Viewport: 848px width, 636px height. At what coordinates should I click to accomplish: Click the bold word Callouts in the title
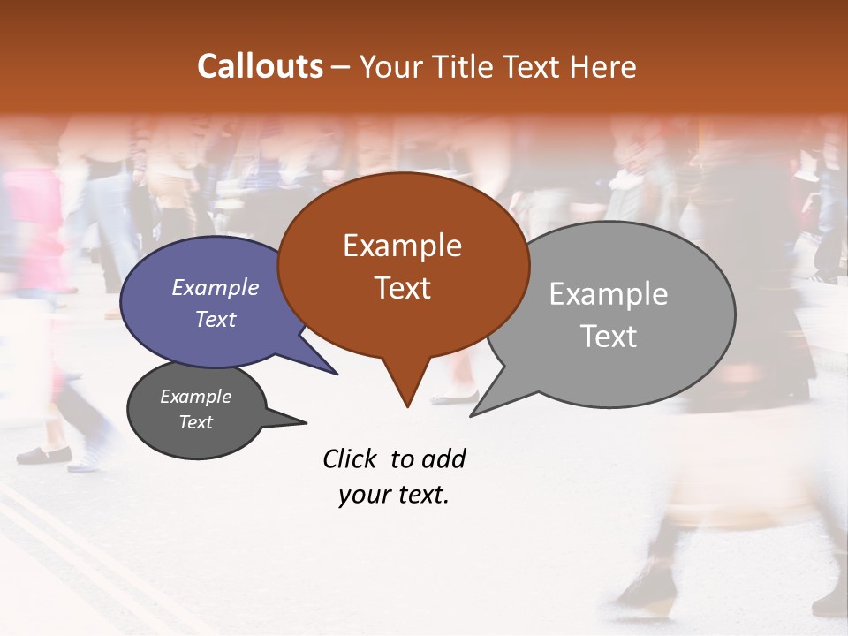tap(260, 66)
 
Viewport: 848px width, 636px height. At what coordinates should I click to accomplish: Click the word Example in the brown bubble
tap(402, 246)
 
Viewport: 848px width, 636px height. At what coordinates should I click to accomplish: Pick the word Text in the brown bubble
tap(402, 288)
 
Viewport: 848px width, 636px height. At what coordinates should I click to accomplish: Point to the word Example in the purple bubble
tap(216, 287)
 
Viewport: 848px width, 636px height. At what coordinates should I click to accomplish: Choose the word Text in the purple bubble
tap(216, 319)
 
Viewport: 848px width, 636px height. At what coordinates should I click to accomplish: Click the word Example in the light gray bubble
tap(609, 294)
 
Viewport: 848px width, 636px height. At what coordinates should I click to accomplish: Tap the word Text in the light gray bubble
tap(609, 336)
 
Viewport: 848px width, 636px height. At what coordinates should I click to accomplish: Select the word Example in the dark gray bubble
tap(196, 397)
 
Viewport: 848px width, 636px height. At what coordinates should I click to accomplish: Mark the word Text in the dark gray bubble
tap(196, 422)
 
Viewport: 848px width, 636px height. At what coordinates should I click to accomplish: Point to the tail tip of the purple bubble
tap(336, 373)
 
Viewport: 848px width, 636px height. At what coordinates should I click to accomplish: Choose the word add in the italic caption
tap(443, 458)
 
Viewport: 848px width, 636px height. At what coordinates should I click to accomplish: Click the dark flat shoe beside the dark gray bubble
tap(44, 455)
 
